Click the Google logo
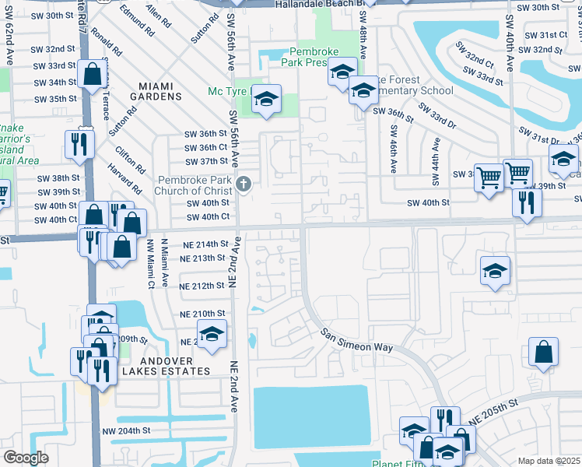click(x=26, y=458)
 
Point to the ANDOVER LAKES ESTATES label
click(x=165, y=371)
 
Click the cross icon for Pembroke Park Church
click(x=244, y=184)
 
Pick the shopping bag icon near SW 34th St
click(x=93, y=75)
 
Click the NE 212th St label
click(x=202, y=286)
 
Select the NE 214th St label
click(x=202, y=244)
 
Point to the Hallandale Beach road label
click(x=319, y=5)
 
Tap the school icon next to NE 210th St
click(x=211, y=334)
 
